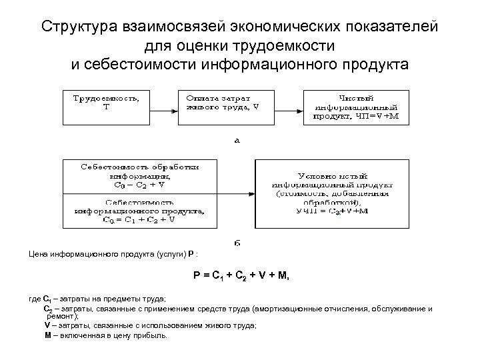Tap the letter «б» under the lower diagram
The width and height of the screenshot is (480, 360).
click(x=237, y=243)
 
